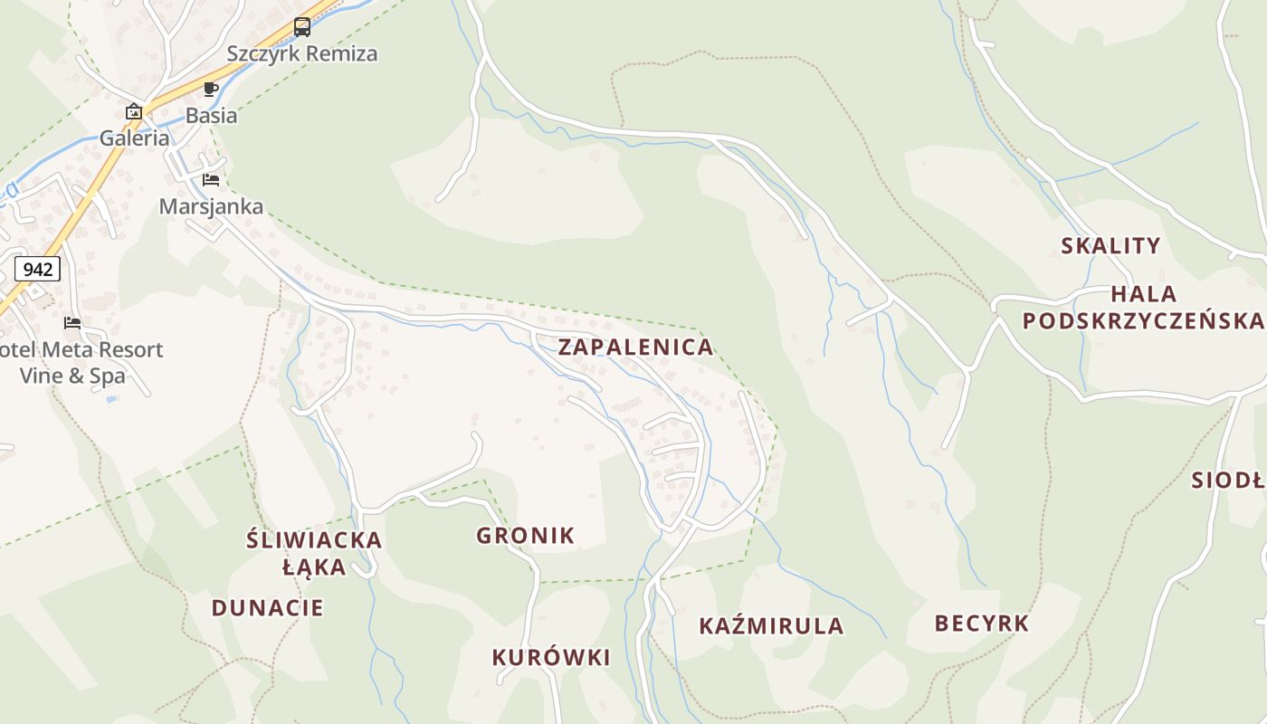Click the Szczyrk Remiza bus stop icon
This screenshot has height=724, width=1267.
pos(302,27)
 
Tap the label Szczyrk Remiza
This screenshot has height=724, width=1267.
pos(301,53)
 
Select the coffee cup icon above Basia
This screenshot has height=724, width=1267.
pos(211,89)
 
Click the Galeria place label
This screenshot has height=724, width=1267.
pos(134,138)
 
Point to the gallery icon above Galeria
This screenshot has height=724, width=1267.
pos(134,111)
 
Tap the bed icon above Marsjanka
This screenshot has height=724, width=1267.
pos(211,179)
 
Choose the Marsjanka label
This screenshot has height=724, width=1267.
pos(211,206)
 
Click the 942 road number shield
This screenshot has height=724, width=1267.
pos(37,269)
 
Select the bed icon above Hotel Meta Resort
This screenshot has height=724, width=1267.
pos(72,322)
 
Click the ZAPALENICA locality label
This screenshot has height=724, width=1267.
pos(635,347)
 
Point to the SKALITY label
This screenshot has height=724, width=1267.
pos(1110,245)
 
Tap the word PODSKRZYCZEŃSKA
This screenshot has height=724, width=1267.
pos(1142,320)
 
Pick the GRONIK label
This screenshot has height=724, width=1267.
pos(525,535)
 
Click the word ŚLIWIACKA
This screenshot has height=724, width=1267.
pos(314,541)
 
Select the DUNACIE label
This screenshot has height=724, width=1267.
pos(267,607)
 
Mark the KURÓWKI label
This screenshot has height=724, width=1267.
pos(551,657)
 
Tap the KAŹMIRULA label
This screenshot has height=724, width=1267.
pos(771,625)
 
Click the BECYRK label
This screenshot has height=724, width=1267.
pos(982,623)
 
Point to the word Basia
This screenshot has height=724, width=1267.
pos(211,115)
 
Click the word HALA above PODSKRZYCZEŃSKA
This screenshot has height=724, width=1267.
pos(1143,294)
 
